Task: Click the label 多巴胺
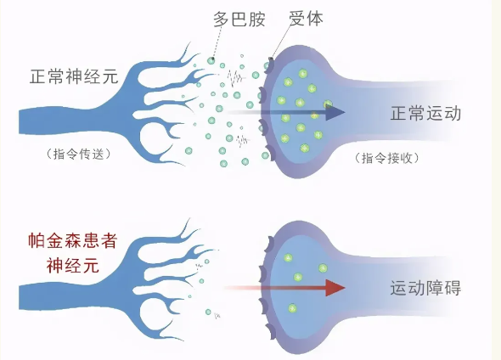point(239,19)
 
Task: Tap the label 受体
point(306,18)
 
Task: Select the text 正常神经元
point(74,76)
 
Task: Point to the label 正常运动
point(425,113)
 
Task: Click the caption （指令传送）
point(79,155)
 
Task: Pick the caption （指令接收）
point(387,158)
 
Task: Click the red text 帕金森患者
point(73,241)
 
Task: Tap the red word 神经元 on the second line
point(73,266)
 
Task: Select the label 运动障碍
point(425,288)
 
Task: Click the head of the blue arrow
point(335,112)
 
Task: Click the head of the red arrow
point(335,288)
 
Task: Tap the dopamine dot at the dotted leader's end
point(211,59)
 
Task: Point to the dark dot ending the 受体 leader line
point(271,59)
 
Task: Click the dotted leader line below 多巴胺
point(217,42)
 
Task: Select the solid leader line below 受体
point(282,42)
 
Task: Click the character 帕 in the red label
point(37,241)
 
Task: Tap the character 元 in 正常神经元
point(110,76)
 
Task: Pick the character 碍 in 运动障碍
point(453,288)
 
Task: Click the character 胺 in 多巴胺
point(257,19)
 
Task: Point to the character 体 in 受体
point(315,18)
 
